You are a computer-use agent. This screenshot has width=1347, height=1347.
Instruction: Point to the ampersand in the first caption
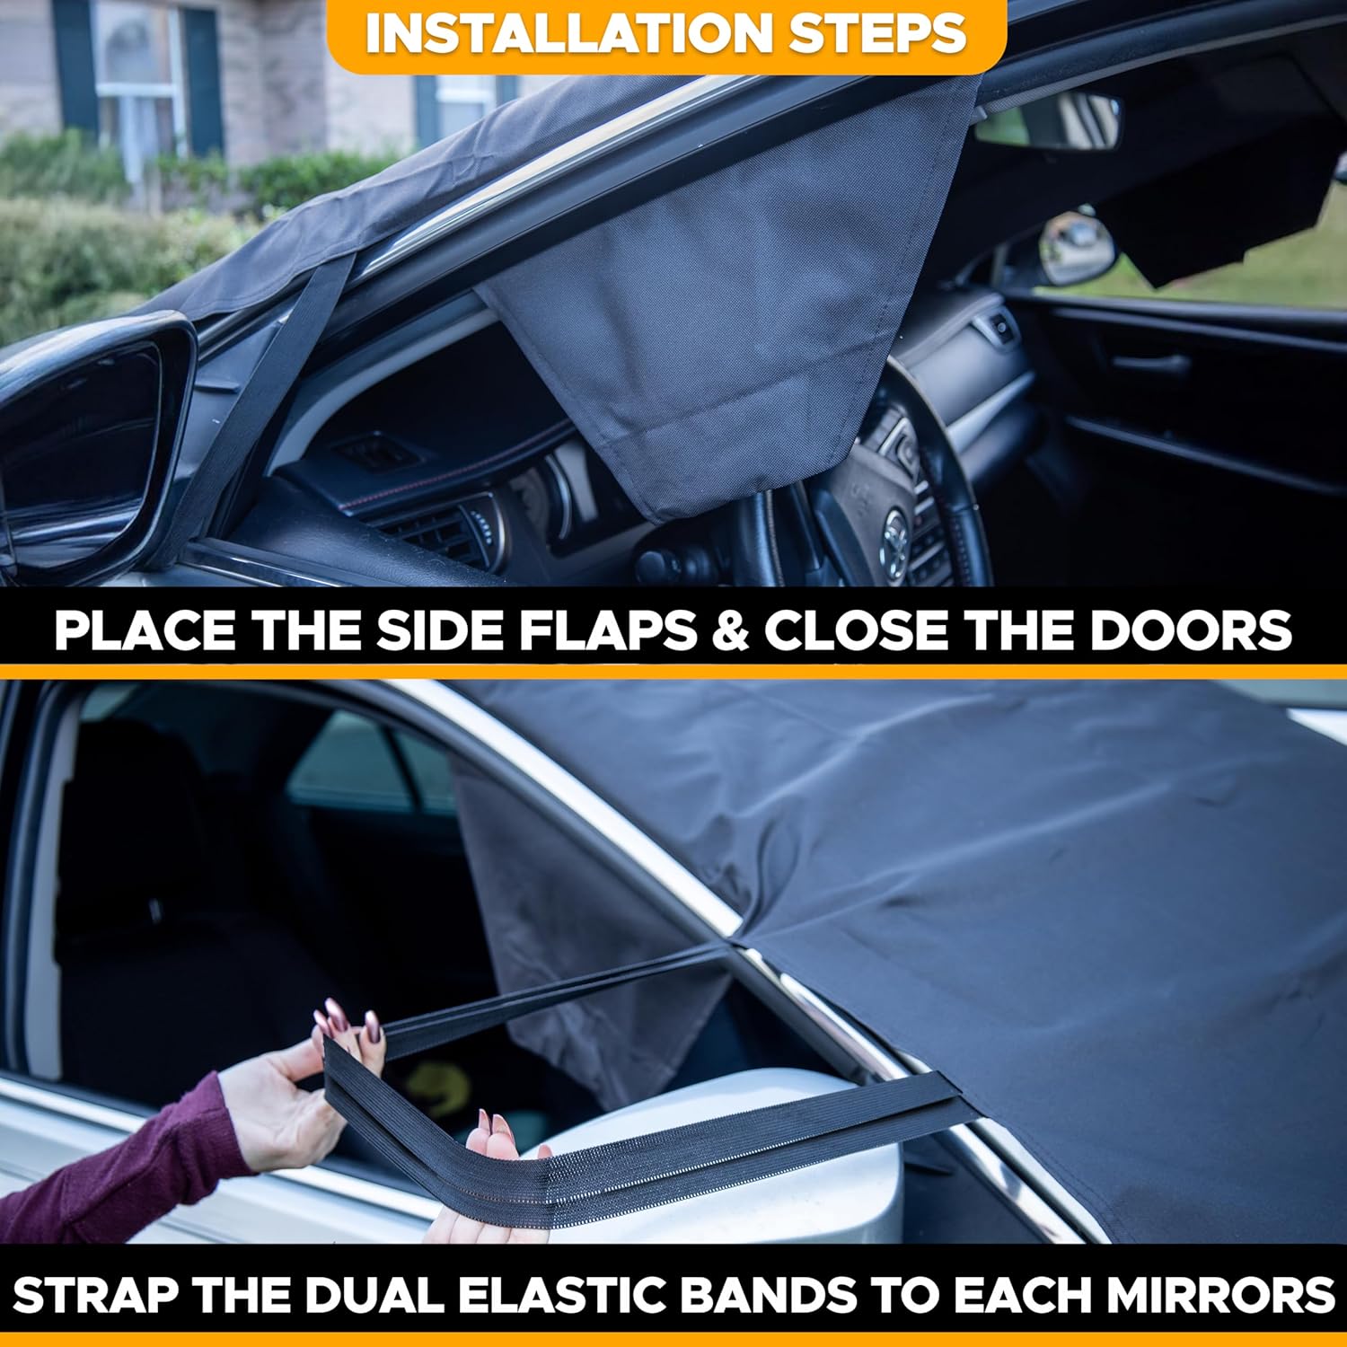pyautogui.click(x=730, y=630)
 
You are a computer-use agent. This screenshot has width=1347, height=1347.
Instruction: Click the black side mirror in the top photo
pyautogui.click(x=85, y=431)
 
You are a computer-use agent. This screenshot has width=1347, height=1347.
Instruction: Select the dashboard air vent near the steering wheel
pyautogui.click(x=449, y=530)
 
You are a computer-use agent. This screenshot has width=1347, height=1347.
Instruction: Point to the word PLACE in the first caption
pyautogui.click(x=145, y=630)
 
